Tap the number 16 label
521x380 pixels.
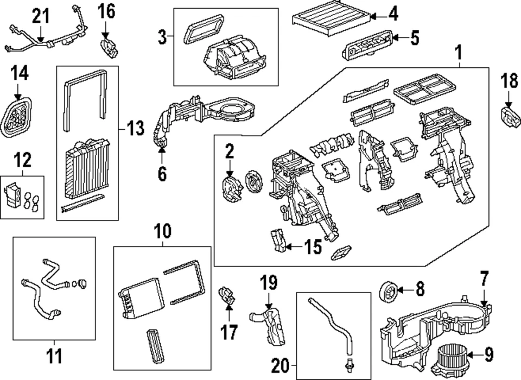point(106,10)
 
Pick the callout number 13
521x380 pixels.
point(134,129)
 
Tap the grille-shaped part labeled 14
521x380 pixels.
point(17,116)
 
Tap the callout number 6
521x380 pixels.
point(162,174)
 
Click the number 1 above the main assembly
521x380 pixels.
point(459,53)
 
